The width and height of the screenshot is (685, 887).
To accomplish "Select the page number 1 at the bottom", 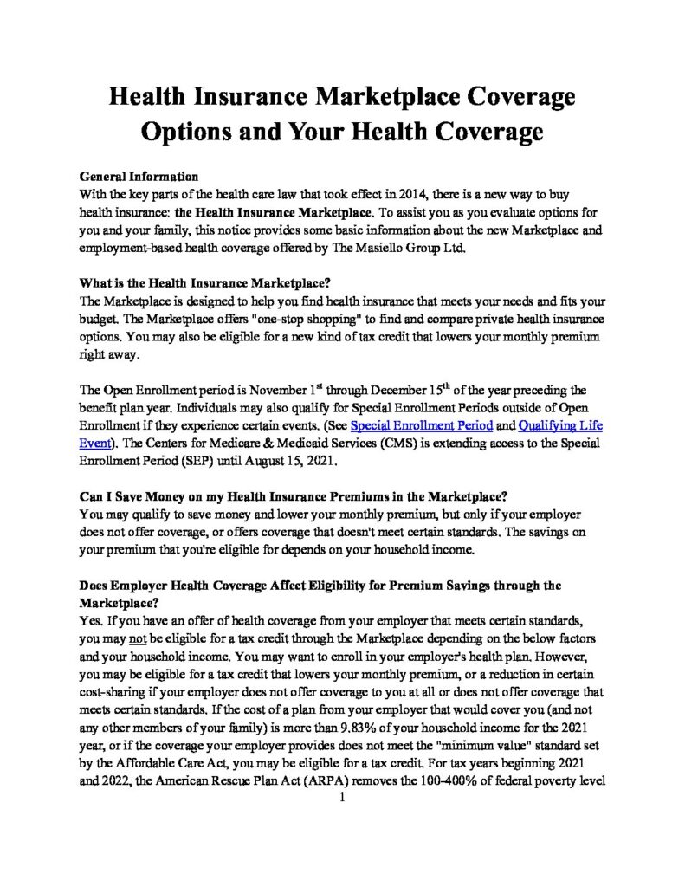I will [x=343, y=798].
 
